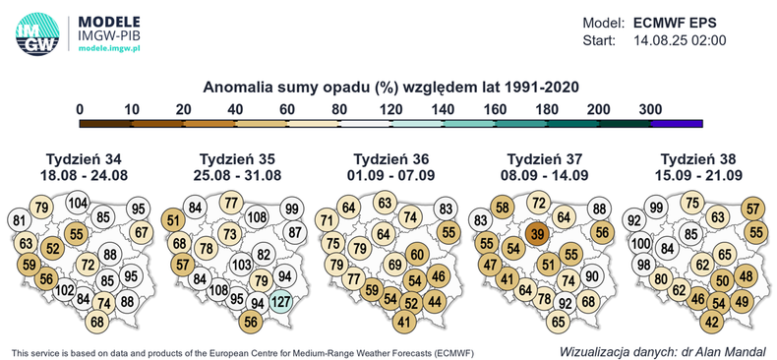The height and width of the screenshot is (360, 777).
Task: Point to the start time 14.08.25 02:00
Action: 679,40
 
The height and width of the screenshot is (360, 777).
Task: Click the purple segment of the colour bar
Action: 676,122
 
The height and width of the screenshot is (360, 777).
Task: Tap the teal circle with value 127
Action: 280,302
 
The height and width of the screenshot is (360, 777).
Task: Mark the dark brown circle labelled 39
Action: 536,233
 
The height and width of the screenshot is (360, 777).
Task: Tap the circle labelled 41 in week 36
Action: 403,321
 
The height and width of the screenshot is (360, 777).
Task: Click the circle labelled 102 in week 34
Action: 65,291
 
